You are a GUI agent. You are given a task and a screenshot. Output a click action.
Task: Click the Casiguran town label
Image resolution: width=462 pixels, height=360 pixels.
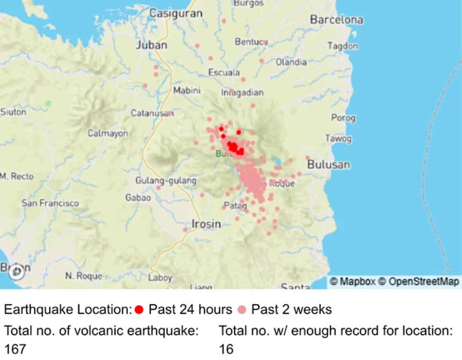tap(176, 13)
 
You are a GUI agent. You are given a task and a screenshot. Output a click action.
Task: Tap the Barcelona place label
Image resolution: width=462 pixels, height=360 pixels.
tap(336, 20)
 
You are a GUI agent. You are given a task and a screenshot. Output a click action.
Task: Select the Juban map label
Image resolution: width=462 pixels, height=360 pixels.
tap(151, 45)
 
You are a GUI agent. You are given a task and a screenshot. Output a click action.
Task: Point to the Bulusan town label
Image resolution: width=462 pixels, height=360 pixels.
tap(328, 165)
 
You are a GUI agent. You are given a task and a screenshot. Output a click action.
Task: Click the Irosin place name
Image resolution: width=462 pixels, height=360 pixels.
tap(206, 224)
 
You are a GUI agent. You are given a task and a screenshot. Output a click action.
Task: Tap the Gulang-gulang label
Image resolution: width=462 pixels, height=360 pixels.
tap(166, 181)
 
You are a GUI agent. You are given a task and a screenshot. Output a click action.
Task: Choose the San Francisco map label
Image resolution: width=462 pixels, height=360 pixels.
tap(50, 203)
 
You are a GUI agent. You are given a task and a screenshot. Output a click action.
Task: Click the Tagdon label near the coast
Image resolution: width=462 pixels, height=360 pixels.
tap(343, 46)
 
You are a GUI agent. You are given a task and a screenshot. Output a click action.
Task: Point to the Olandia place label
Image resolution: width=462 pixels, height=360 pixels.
tap(291, 62)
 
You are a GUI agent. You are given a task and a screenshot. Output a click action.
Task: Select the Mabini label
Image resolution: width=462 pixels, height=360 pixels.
tap(187, 91)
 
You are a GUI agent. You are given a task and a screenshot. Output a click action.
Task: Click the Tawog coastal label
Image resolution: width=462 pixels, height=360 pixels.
tap(338, 139)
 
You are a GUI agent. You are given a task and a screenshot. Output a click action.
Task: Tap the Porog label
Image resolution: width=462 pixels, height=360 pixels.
tap(343, 118)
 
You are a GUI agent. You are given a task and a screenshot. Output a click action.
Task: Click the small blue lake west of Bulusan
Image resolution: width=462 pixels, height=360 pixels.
tap(277, 161)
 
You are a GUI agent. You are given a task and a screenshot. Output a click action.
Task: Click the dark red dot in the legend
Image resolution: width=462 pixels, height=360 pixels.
tap(139, 309)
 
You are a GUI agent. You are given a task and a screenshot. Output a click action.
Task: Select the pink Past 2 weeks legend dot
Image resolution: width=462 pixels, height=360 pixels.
tap(242, 309)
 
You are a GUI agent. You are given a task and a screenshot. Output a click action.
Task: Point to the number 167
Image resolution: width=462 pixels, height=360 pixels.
tap(15, 349)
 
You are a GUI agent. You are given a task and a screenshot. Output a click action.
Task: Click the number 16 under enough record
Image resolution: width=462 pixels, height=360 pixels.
tap(226, 349)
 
